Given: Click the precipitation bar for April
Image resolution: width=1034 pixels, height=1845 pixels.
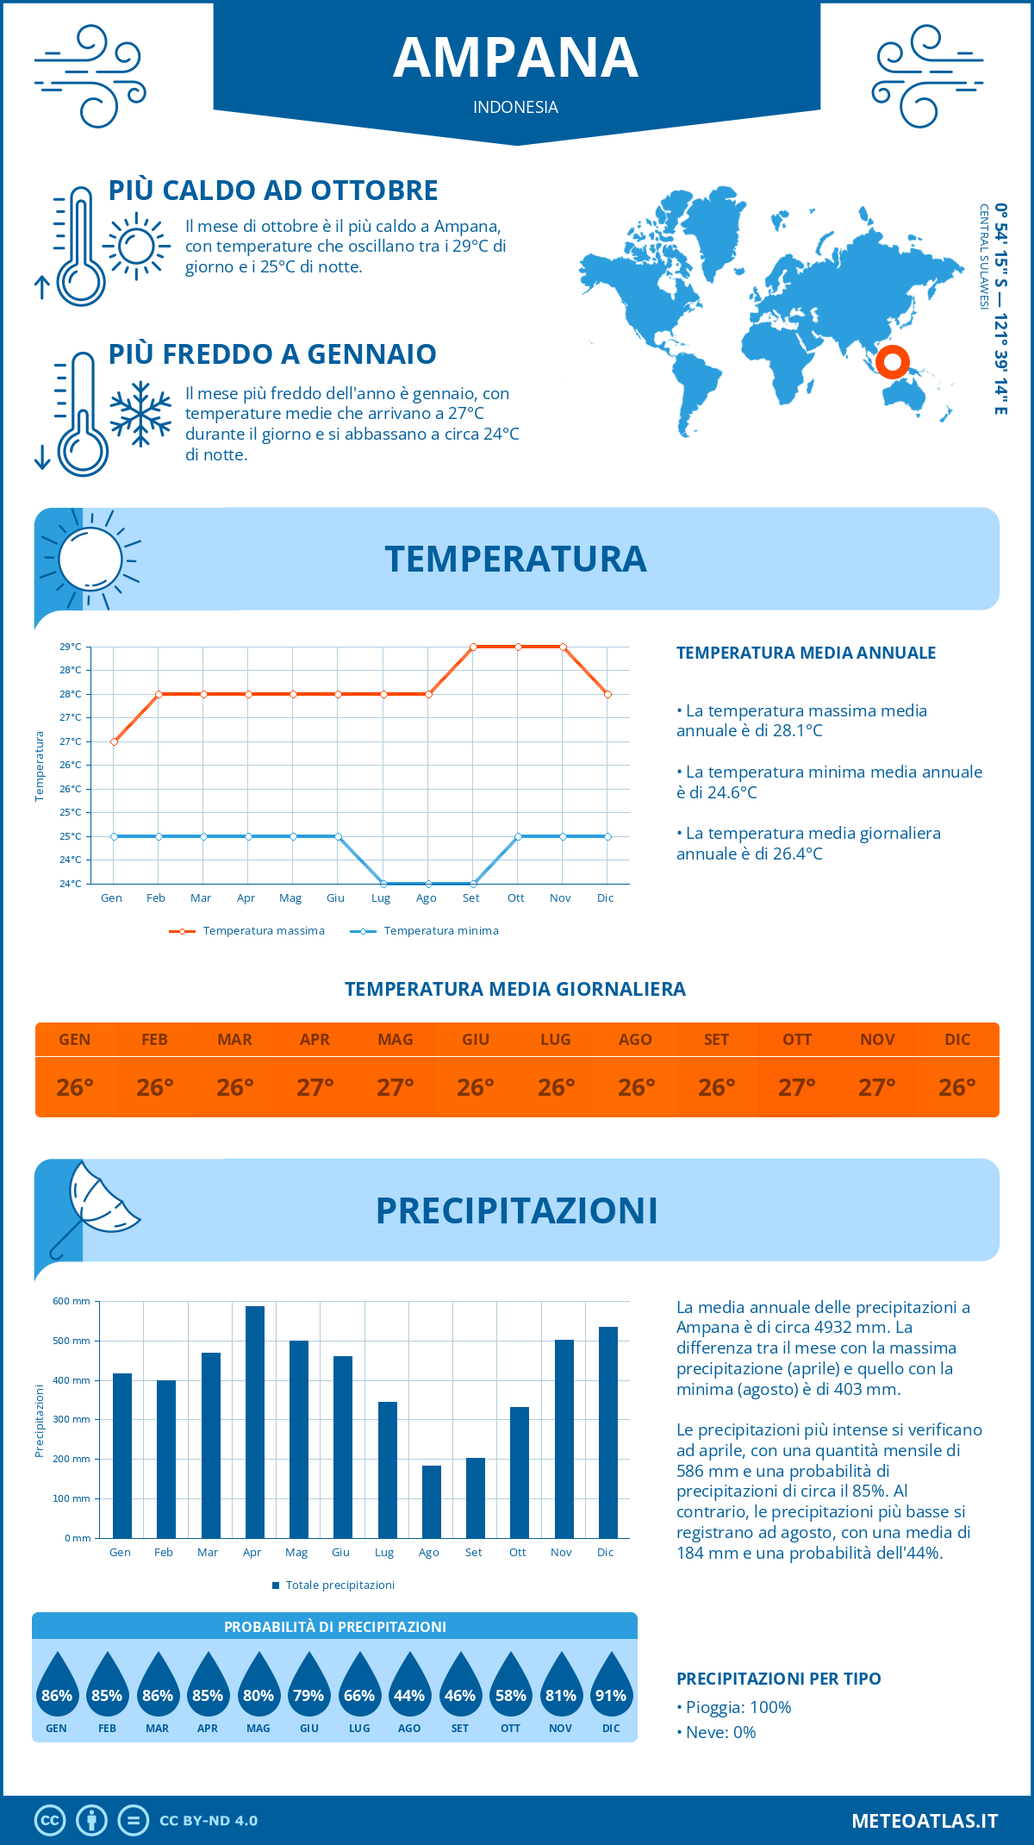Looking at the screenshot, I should click(254, 1422).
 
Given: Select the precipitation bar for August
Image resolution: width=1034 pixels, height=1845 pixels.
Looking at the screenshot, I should click(431, 1501).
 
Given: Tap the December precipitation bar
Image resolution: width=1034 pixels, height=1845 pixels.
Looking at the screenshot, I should click(608, 1432).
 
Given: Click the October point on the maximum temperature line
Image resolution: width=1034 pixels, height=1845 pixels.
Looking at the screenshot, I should click(518, 647).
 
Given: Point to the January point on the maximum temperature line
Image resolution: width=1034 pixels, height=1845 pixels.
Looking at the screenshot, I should click(114, 741).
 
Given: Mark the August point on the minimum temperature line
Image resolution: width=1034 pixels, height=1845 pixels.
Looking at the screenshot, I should click(428, 884).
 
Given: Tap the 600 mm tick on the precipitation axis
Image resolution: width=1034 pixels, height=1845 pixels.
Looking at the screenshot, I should click(72, 1301).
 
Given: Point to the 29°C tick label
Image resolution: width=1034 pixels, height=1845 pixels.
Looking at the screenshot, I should click(71, 647).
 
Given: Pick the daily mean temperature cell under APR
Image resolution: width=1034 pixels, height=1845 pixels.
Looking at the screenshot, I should click(315, 1087).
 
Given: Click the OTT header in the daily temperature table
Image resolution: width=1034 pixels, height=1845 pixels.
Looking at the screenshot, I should click(797, 1040).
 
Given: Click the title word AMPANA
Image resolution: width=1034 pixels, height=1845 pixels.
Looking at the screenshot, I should click(516, 58).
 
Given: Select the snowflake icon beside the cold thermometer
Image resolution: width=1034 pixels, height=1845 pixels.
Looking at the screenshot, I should click(140, 414).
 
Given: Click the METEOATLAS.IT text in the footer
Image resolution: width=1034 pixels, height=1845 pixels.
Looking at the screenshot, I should click(925, 1820).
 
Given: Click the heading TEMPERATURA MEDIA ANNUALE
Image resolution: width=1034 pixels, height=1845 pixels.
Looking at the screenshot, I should click(806, 653).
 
